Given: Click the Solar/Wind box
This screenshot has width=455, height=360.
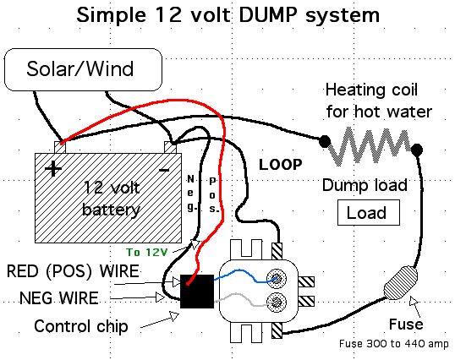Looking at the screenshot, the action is click(x=83, y=69).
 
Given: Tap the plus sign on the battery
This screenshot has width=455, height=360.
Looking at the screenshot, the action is click(x=53, y=169).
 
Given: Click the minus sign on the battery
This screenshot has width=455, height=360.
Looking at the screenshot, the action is click(x=164, y=170).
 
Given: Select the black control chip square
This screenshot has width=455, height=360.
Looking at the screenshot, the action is click(x=197, y=292).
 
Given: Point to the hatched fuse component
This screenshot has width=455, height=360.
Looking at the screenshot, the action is click(x=401, y=282).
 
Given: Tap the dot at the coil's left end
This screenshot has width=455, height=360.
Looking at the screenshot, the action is click(x=325, y=141).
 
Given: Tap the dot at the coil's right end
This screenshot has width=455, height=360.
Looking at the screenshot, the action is click(x=417, y=150).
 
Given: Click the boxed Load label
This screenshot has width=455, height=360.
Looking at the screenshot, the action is click(x=369, y=213).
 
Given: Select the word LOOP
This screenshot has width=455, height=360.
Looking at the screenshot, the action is click(x=280, y=165).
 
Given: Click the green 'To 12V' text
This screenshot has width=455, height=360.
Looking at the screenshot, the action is click(x=147, y=252).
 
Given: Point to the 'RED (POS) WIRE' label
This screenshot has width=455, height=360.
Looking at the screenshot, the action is click(x=73, y=271).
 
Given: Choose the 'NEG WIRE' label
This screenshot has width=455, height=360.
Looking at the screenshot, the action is click(x=59, y=298).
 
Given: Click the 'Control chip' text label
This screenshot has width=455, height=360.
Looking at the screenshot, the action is click(x=81, y=326).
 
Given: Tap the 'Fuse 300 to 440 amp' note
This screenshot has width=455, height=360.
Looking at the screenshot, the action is click(x=394, y=344).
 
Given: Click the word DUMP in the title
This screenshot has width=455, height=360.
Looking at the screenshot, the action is click(x=268, y=15).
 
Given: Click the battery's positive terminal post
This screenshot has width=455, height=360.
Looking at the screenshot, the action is click(x=60, y=147).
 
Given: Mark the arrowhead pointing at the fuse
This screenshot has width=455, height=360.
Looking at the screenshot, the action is click(x=414, y=301).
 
